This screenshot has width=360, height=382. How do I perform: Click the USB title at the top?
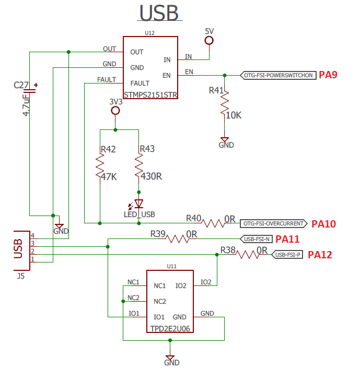[x=159, y=13]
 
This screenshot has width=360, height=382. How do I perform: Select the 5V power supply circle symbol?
[x=209, y=40]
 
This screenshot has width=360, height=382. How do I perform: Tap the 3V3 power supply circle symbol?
[x=115, y=111]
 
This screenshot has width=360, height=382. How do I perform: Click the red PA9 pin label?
[x=328, y=75]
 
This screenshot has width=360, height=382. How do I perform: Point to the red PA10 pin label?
[x=323, y=224]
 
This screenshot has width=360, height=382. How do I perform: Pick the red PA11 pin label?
[x=287, y=239]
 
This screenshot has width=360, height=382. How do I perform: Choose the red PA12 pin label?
[x=320, y=255]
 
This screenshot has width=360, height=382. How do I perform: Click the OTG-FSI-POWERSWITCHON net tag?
[x=278, y=75]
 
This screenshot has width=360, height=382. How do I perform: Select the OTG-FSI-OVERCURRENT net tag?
[x=274, y=224]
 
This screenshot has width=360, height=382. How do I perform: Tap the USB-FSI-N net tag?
[x=257, y=239]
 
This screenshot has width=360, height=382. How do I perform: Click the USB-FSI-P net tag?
[x=287, y=255]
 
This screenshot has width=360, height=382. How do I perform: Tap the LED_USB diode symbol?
[x=138, y=204]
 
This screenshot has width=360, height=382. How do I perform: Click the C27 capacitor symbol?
[x=29, y=91]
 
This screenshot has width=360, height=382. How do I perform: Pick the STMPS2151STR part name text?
[x=150, y=95]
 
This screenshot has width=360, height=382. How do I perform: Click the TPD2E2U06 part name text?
[x=170, y=329]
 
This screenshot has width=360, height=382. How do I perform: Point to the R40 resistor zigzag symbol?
[x=213, y=223]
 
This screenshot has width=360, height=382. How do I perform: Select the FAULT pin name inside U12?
[x=140, y=83]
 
